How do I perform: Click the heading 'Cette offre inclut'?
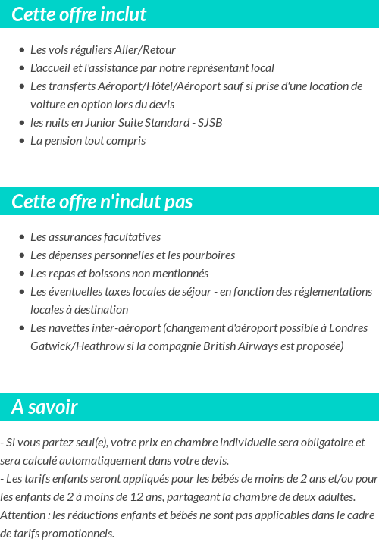tap(79, 14)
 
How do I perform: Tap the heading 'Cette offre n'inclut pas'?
tap(102, 202)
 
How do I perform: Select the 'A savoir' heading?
tap(45, 407)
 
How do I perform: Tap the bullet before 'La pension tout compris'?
tap(22, 141)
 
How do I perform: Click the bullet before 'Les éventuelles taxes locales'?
tap(22, 292)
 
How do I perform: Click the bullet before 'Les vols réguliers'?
tap(22, 50)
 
